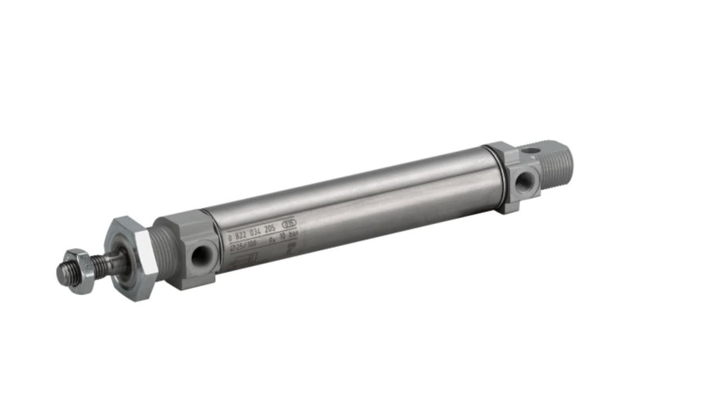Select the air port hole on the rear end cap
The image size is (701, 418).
tap(524, 182)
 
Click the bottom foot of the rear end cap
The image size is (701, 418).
tap(508, 208)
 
